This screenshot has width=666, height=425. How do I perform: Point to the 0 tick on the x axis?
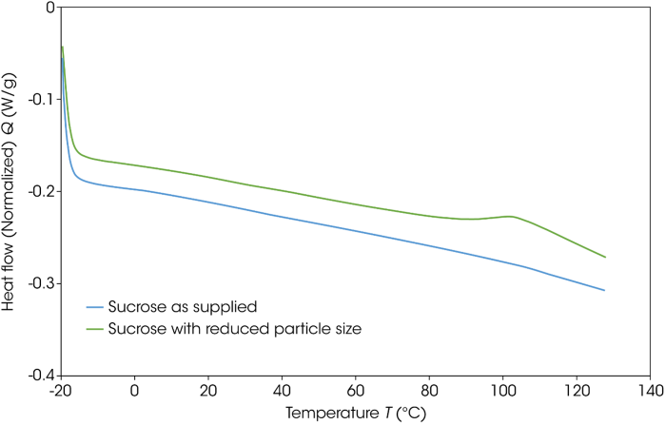(135, 391)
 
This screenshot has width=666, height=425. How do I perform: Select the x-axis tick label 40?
(283, 391)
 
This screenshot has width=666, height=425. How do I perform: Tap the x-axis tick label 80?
(430, 391)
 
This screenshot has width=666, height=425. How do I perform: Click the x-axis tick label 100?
(503, 391)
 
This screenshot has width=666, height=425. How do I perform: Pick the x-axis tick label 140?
(651, 391)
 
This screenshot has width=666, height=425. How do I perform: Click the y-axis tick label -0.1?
(39, 99)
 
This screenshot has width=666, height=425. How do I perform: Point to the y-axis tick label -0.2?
(39, 191)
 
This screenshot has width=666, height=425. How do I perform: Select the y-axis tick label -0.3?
(39, 283)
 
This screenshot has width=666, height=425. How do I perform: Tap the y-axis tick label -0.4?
(39, 376)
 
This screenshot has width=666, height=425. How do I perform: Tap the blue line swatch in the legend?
(94, 308)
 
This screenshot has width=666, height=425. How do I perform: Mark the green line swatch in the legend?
(94, 329)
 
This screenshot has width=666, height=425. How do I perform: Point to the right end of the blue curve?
(604, 290)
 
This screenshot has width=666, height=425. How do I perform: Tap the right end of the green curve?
(605, 257)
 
